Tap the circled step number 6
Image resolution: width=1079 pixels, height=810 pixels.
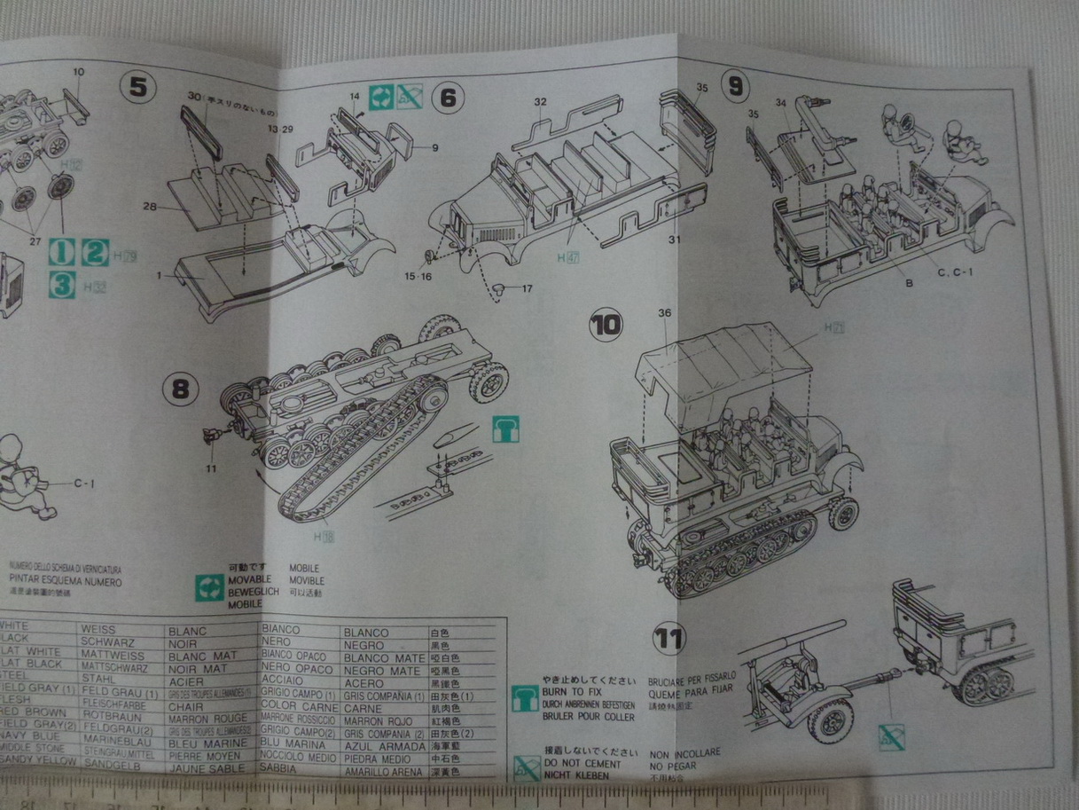(x=448, y=97)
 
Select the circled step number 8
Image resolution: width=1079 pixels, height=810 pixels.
(x=180, y=389)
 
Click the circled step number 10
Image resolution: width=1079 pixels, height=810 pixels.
(x=607, y=326)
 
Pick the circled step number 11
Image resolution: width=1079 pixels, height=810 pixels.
(x=669, y=637)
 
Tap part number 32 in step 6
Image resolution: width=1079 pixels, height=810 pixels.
(x=540, y=101)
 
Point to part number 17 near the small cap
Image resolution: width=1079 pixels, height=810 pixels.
(x=527, y=288)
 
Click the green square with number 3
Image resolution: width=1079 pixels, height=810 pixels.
(x=61, y=286)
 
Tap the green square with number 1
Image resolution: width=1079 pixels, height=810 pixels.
(x=61, y=252)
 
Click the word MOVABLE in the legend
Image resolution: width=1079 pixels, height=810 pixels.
(x=249, y=579)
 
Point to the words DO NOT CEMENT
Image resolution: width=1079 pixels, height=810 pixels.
(x=581, y=762)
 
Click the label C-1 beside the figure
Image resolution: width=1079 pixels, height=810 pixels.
(x=84, y=484)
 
